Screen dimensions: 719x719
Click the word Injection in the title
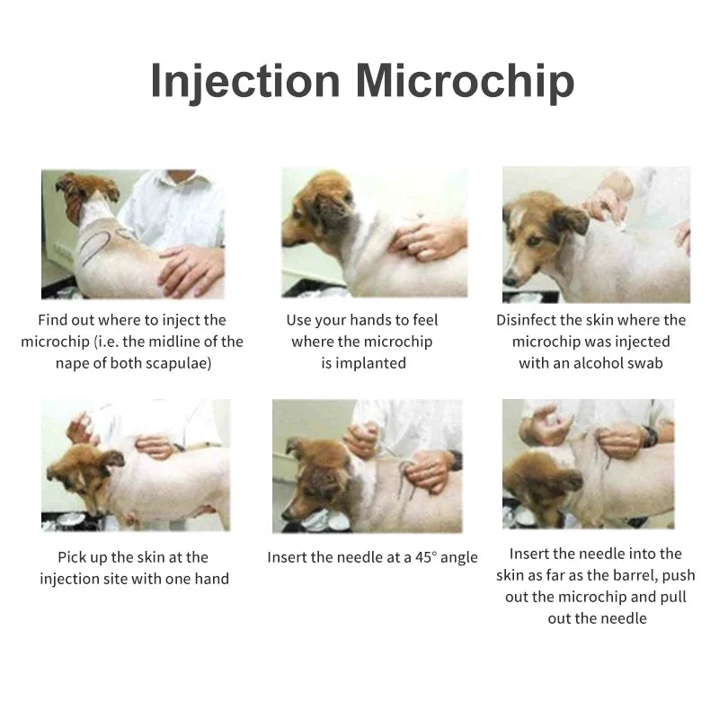click(244, 81)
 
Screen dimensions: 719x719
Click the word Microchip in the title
click(464, 81)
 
